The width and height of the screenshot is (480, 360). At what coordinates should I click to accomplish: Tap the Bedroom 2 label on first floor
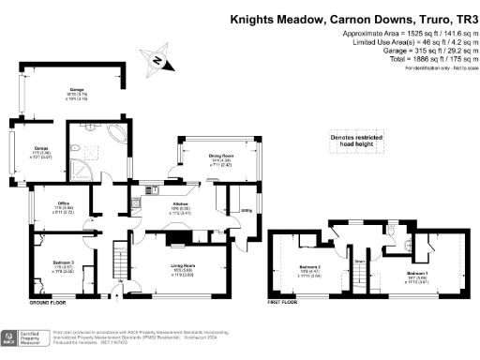pos(310,271)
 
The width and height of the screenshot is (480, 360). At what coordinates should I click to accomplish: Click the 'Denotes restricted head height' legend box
pos(361,141)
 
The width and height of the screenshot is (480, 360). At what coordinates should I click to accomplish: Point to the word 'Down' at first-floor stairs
pos(359,262)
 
